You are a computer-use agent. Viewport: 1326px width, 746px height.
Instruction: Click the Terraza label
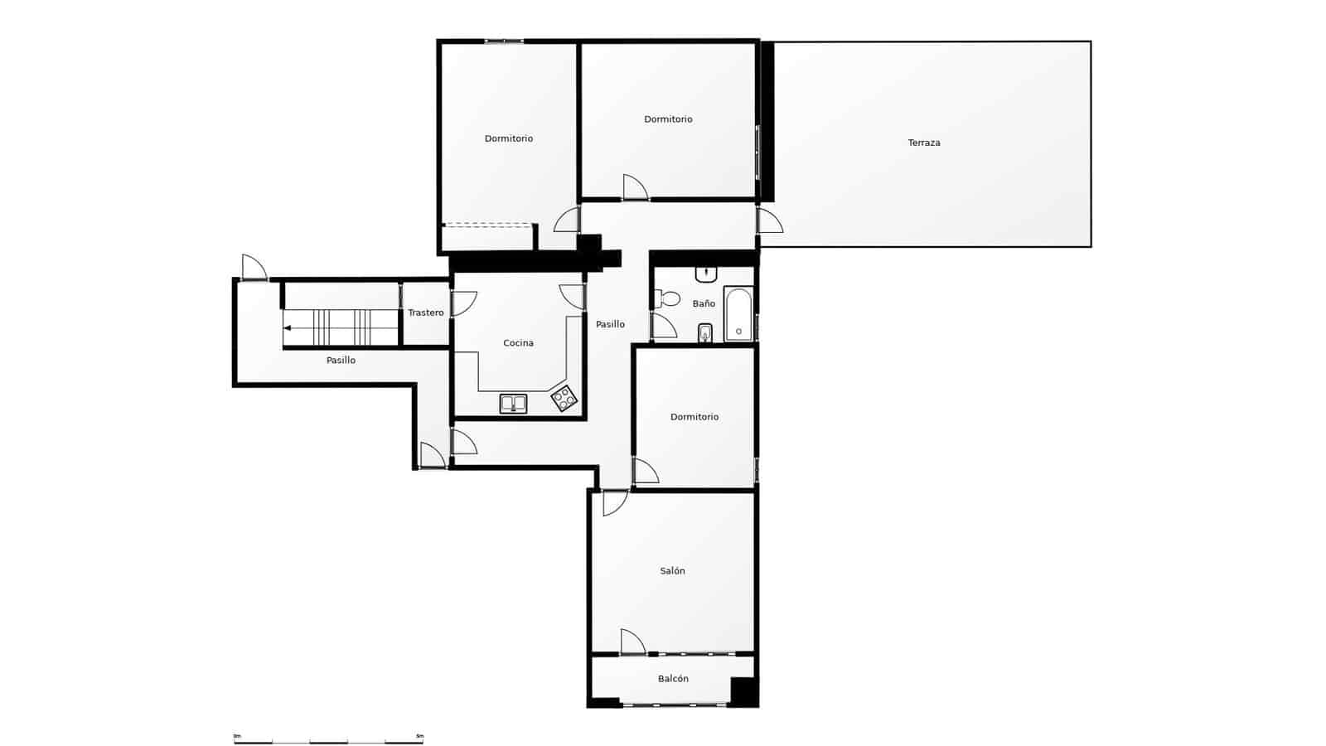(923, 143)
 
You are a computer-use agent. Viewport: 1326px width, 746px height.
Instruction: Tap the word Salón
(672, 571)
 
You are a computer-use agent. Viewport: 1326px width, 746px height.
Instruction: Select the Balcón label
(673, 679)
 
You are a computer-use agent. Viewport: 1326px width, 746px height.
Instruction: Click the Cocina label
(518, 343)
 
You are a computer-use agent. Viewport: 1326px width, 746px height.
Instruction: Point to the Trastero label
(425, 312)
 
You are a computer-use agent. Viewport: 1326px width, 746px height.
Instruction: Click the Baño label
(704, 304)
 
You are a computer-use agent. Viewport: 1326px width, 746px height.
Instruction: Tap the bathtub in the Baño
(738, 314)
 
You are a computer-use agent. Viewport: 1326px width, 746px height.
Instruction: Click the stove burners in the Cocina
(564, 399)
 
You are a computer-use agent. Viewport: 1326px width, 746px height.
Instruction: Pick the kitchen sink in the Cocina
(513, 404)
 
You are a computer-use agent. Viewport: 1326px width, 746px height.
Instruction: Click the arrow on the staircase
(288, 327)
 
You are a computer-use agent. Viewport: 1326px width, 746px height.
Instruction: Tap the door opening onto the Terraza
(770, 220)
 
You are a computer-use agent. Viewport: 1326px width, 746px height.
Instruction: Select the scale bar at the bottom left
(328, 739)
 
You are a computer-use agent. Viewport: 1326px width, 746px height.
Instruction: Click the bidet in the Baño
(705, 333)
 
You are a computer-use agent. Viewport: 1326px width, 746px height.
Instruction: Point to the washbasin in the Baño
(706, 274)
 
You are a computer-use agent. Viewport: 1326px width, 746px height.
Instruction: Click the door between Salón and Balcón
(632, 642)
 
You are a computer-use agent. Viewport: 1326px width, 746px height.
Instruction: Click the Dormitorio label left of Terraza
(668, 119)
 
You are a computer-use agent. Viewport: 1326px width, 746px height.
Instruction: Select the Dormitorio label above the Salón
(694, 417)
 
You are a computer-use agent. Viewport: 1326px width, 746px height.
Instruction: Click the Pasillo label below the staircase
(341, 361)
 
